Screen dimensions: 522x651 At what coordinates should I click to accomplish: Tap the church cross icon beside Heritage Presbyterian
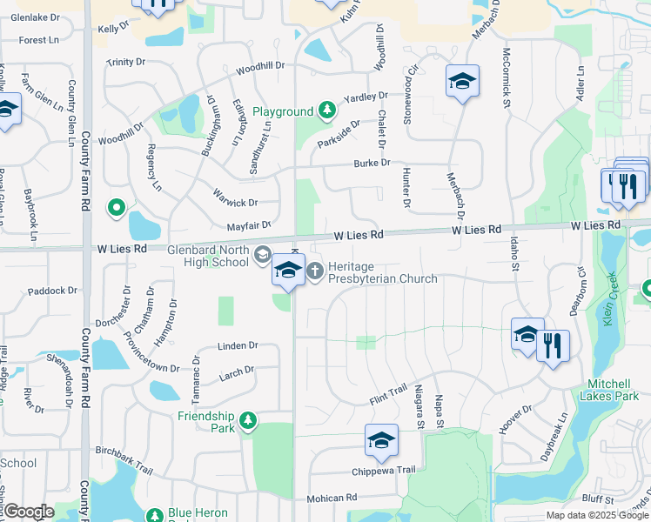coord(315,272)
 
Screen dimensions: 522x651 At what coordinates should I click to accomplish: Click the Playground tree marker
coord(326,110)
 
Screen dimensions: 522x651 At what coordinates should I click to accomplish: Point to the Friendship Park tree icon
coord(249,421)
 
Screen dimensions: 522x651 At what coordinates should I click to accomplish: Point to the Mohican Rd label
coord(332,499)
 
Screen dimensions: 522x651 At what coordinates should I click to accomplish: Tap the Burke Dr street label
coord(372,163)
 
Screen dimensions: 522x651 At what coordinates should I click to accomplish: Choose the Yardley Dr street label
coord(366,97)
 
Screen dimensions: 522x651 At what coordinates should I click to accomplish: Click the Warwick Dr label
coord(235,202)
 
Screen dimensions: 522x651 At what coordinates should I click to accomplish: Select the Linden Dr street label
coord(238,345)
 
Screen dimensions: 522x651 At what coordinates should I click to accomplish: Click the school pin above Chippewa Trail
coord(381,442)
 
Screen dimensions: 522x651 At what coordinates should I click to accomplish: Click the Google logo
coord(28,512)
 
